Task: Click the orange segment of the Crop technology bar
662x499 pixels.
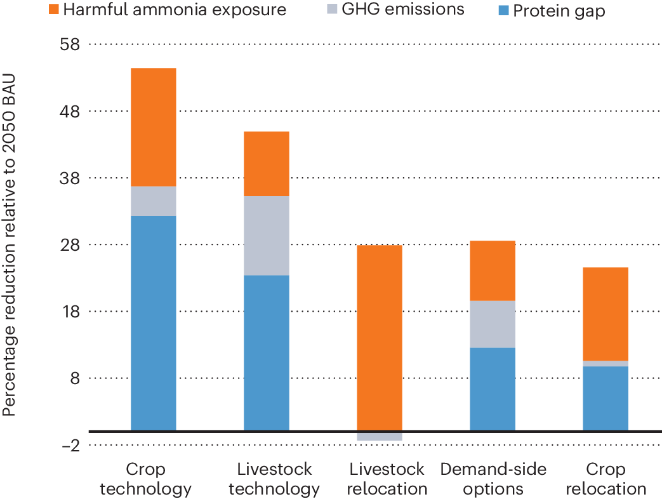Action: [153, 127]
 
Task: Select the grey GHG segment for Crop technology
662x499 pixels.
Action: [153, 201]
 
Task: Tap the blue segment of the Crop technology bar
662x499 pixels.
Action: [153, 323]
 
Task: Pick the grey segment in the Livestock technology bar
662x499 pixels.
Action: [267, 236]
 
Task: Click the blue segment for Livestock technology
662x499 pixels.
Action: [267, 353]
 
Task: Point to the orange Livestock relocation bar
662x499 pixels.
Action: [380, 338]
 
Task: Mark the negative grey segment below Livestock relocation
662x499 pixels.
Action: [380, 437]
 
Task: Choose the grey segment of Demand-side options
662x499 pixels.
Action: [493, 324]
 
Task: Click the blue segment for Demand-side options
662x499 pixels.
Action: [493, 389]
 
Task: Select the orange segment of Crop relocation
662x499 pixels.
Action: [606, 314]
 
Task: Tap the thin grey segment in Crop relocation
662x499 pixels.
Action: [606, 364]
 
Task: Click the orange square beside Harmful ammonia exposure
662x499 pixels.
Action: [53, 9]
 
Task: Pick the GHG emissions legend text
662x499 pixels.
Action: [403, 9]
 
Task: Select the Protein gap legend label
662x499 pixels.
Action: [559, 11]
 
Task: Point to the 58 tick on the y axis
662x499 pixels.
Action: [70, 44]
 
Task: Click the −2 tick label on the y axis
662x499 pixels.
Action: [71, 446]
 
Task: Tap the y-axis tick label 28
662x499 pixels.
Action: [70, 244]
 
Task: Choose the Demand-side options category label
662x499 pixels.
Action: [493, 479]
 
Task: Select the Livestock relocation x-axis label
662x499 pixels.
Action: [387, 479]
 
